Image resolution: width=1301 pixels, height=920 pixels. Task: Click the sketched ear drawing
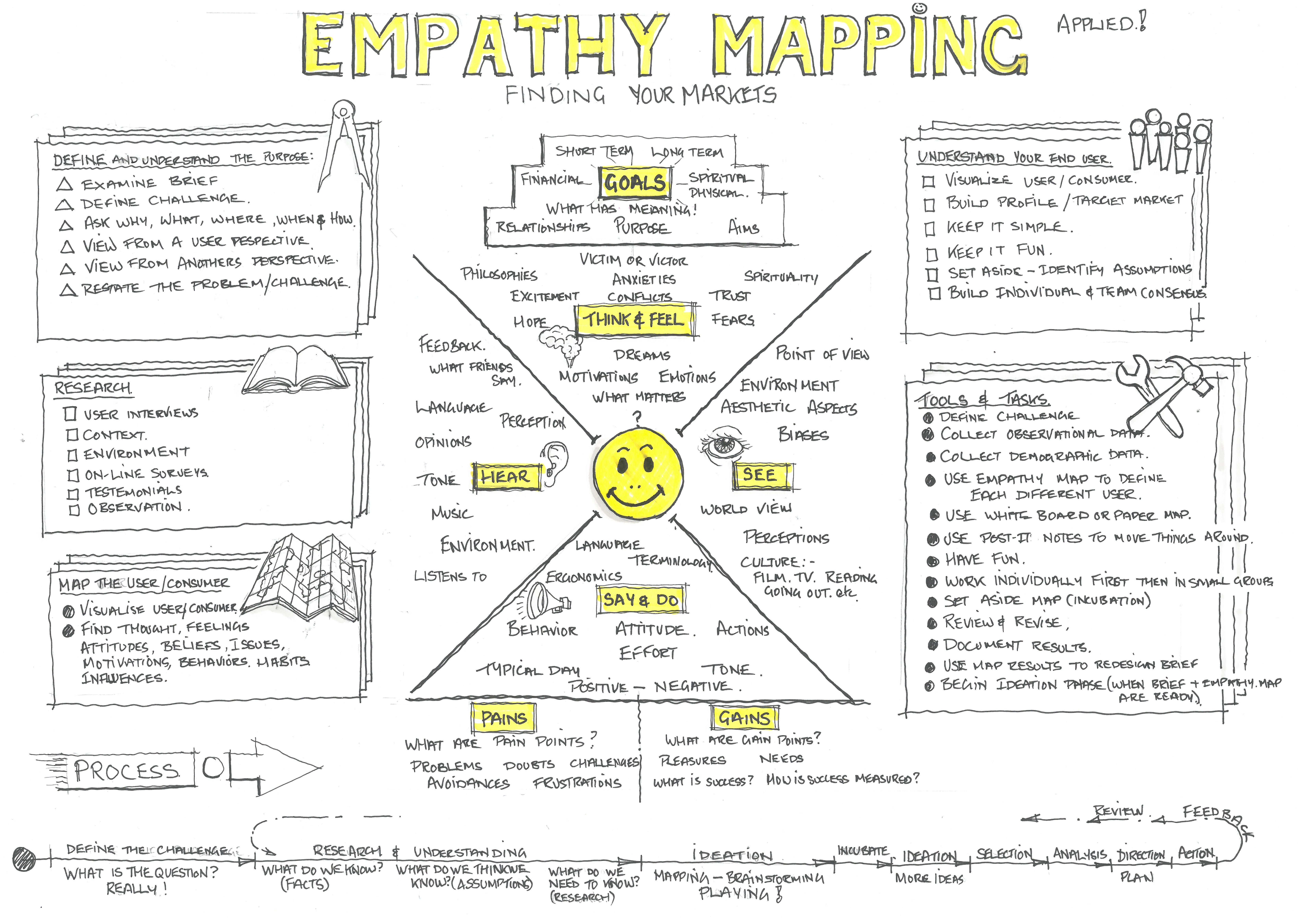[x=553, y=465]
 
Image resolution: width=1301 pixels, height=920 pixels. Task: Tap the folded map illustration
[x=303, y=578]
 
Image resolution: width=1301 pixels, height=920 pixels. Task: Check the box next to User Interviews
[x=70, y=414]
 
